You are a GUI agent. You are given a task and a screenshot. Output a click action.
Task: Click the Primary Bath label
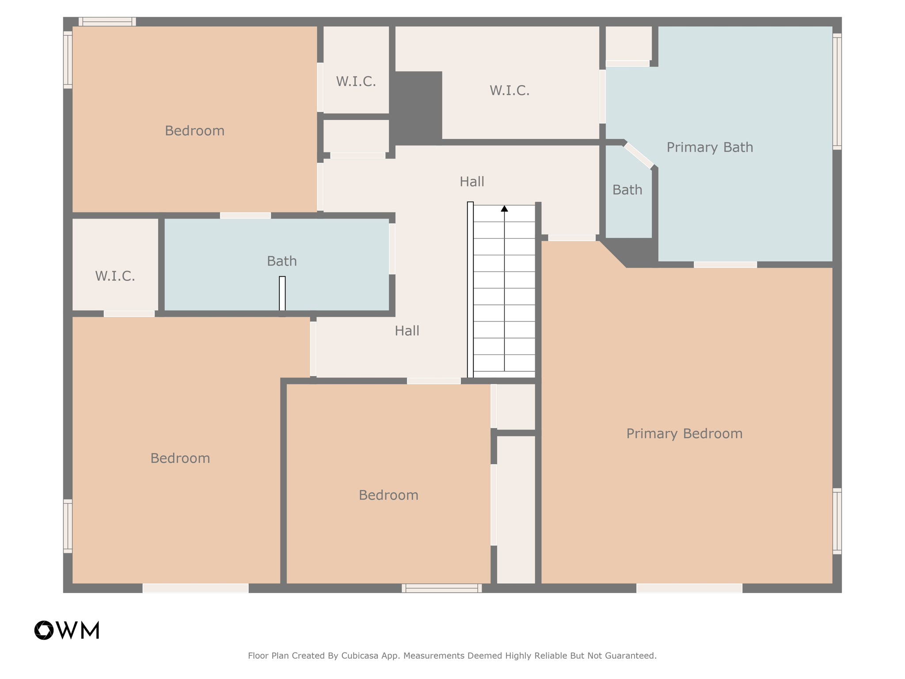pyautogui.click(x=710, y=147)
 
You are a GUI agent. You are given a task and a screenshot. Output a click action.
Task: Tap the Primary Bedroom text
pyautogui.click(x=684, y=434)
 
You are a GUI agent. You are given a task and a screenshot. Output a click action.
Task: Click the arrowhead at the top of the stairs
pyautogui.click(x=504, y=209)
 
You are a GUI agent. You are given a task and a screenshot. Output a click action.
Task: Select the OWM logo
pyautogui.click(x=67, y=630)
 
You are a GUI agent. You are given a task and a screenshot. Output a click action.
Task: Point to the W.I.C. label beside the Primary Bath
pyautogui.click(x=509, y=91)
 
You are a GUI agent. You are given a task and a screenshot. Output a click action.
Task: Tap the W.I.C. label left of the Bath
pyautogui.click(x=115, y=276)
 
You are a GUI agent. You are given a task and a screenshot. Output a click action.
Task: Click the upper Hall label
pyautogui.click(x=472, y=182)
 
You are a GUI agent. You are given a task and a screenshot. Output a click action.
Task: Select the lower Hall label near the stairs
pyautogui.click(x=407, y=331)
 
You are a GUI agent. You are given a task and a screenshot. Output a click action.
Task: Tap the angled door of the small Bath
pyautogui.click(x=638, y=155)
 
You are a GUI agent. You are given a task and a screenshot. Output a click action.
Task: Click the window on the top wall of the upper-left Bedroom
pyautogui.click(x=107, y=22)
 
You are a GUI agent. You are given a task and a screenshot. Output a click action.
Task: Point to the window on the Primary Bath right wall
pyautogui.click(x=837, y=92)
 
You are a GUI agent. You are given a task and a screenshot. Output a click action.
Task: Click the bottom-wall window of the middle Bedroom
pyautogui.click(x=441, y=588)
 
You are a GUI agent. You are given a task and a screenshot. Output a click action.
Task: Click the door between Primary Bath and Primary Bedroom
pyautogui.click(x=725, y=264)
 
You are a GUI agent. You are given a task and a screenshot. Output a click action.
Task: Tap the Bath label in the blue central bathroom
pyautogui.click(x=281, y=261)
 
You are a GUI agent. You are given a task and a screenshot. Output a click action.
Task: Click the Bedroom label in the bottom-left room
pyautogui.click(x=180, y=458)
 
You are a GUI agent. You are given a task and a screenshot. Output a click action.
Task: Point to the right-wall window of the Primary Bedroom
pyautogui.click(x=837, y=521)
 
